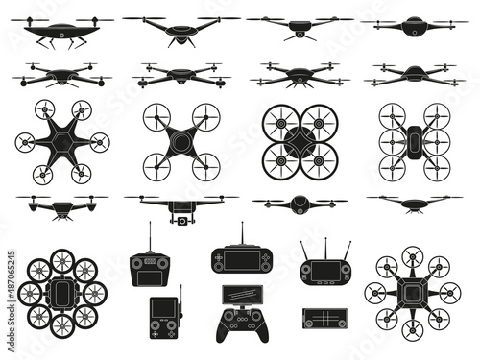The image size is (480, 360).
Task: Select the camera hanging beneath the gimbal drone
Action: point(180,220)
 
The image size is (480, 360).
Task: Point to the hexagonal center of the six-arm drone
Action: point(62,141)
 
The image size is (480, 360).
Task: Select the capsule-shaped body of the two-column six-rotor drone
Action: point(414,141)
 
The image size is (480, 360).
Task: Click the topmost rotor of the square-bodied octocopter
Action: point(413,256)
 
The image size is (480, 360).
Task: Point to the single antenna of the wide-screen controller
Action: point(241,234)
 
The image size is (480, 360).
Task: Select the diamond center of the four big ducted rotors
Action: point(300,142)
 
